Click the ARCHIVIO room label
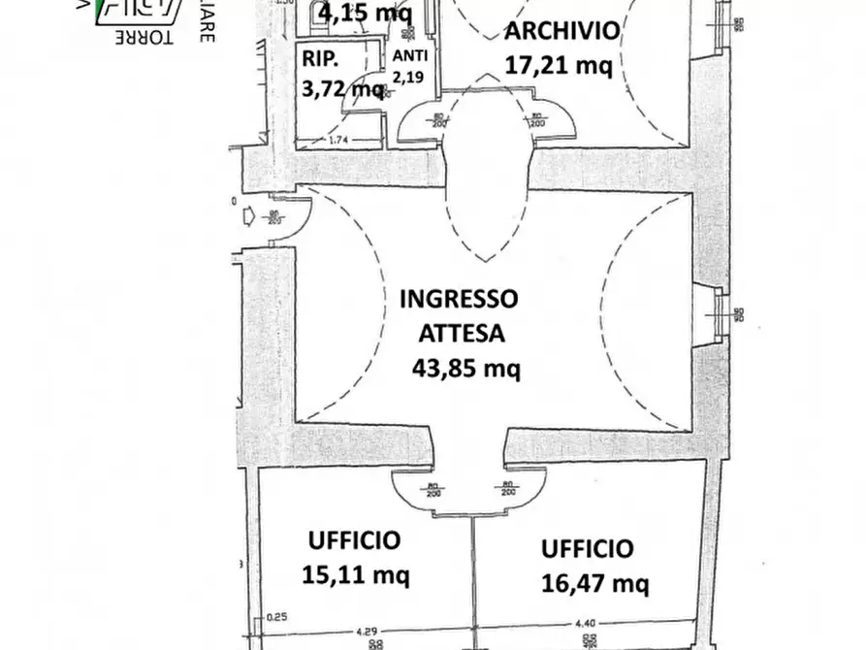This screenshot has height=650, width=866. [x=561, y=31]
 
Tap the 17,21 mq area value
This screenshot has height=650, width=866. [x=559, y=65]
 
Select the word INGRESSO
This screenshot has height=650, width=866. [x=459, y=298]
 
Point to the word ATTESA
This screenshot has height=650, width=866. [x=462, y=333]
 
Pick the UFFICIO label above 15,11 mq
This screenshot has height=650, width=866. [x=354, y=540]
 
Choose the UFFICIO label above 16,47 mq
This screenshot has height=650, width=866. [x=587, y=549]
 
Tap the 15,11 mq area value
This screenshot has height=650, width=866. [x=356, y=574]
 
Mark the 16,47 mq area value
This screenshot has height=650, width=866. [x=594, y=583]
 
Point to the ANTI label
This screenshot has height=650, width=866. [x=408, y=55]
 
